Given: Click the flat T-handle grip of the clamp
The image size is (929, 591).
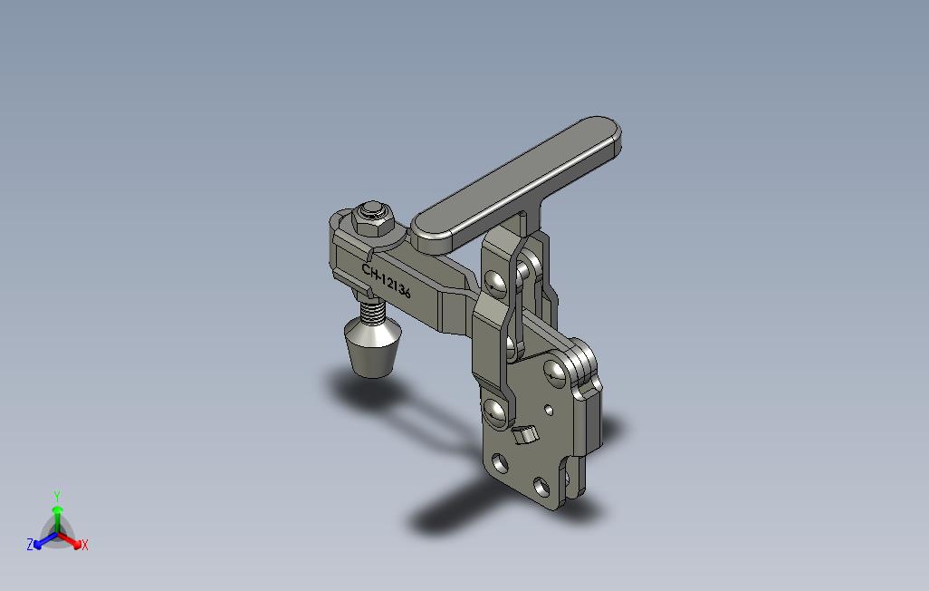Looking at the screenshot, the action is [516, 184].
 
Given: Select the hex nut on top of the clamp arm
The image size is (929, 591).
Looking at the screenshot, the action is [373, 218].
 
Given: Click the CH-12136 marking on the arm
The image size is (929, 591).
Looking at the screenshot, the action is [387, 281].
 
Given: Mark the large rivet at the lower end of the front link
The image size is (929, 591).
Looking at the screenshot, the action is [497, 412].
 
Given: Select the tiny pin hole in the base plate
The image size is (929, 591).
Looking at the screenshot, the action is [549, 410].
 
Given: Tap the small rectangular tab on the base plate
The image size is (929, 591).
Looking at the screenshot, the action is [524, 434].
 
